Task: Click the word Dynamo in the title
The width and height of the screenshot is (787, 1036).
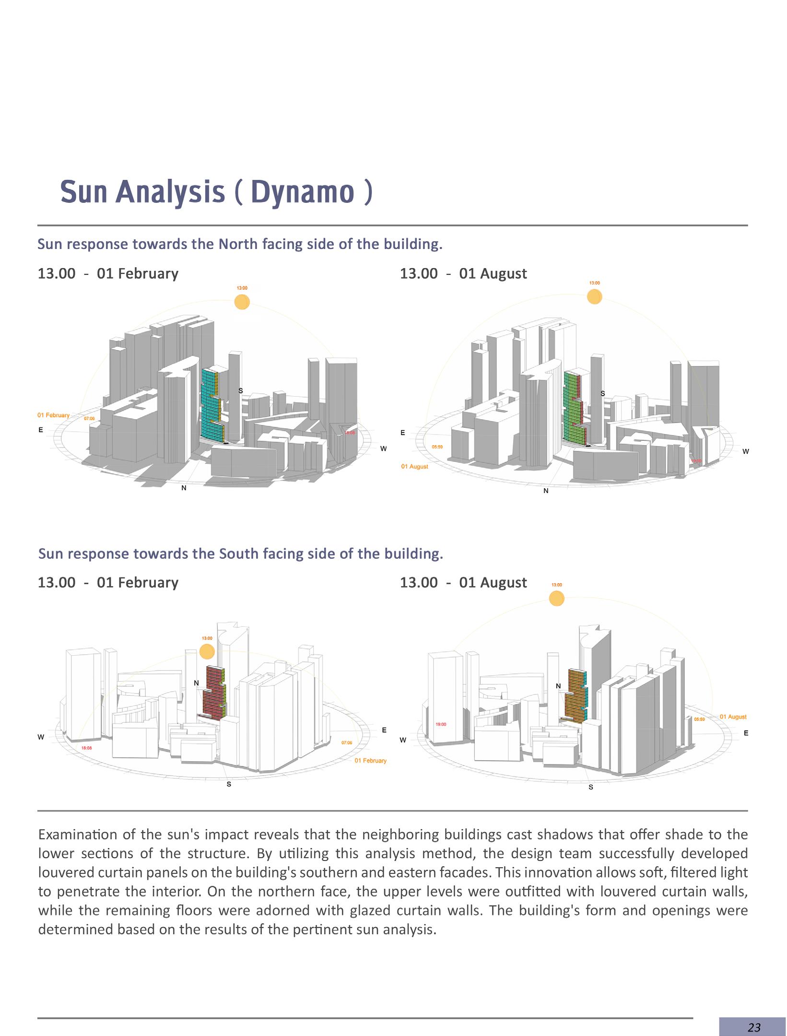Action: (302, 193)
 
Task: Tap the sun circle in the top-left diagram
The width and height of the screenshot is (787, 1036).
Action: (242, 302)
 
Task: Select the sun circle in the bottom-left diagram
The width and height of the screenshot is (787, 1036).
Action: (207, 652)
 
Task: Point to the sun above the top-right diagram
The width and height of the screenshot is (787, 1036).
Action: (594, 297)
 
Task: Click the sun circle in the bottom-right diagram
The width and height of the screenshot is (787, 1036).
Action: (556, 598)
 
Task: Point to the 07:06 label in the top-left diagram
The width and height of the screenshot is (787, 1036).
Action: (90, 419)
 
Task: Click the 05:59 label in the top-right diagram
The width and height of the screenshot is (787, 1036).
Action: (437, 447)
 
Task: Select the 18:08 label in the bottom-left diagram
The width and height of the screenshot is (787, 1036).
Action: (87, 748)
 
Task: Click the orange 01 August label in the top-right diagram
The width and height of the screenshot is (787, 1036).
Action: (415, 467)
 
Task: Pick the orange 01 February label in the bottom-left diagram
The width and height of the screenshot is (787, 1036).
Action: (370, 761)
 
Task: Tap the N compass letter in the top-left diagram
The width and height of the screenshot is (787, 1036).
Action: (184, 488)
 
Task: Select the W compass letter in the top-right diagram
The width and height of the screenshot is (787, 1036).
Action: (745, 451)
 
